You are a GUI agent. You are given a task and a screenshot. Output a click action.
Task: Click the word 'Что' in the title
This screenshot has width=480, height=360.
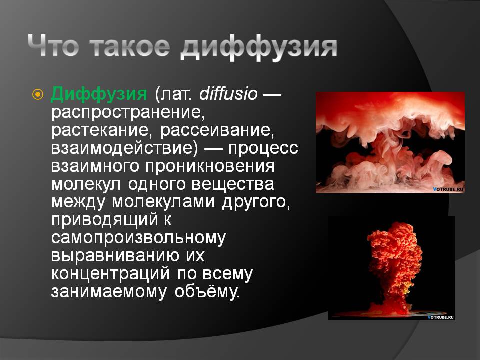pyautogui.click(x=54, y=46)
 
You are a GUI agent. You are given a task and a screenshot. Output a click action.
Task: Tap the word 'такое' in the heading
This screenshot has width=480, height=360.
pyautogui.click(x=130, y=46)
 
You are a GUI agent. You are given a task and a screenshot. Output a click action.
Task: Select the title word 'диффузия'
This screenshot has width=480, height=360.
pyautogui.click(x=259, y=48)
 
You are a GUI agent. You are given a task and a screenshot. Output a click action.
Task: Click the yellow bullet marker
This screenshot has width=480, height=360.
pyautogui.click(x=38, y=94)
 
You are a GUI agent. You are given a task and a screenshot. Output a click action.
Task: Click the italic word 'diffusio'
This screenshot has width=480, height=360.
pyautogui.click(x=228, y=93)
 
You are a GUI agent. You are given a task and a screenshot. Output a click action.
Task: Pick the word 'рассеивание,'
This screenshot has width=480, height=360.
pyautogui.click(x=217, y=130)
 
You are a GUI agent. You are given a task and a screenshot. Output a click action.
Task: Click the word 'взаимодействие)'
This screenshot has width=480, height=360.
pyautogui.click(x=125, y=148)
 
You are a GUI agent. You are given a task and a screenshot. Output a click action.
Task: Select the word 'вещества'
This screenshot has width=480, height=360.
pyautogui.click(x=233, y=184)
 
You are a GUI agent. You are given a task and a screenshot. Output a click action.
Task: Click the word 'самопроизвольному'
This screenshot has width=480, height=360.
pyautogui.click(x=138, y=238)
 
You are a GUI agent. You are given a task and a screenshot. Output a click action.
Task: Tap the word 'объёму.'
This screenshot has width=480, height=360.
pyautogui.click(x=207, y=291)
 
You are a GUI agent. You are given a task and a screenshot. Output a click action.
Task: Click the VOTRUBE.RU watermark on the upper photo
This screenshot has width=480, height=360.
pyautogui.click(x=448, y=189)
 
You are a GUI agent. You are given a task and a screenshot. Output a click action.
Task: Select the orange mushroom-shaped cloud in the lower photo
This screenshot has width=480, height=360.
pyautogui.click(x=395, y=266)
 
